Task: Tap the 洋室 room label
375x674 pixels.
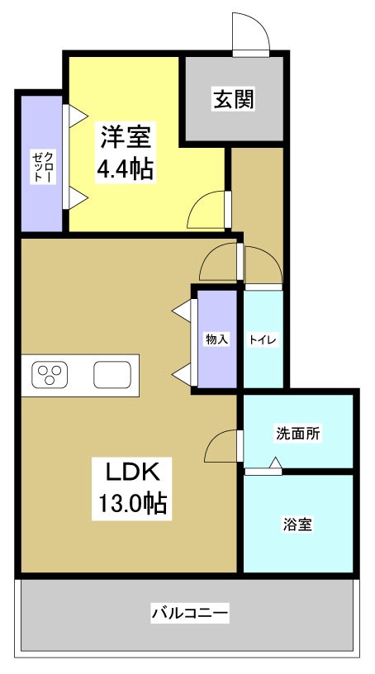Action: (x=125, y=135)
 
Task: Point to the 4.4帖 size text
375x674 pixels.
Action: (x=125, y=170)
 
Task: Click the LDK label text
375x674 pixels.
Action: (x=136, y=471)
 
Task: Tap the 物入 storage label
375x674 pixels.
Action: (x=216, y=339)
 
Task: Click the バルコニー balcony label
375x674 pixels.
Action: (x=189, y=613)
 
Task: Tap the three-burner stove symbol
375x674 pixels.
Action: (x=50, y=375)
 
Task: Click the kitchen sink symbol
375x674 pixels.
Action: (x=112, y=375)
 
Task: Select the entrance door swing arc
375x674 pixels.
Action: (x=250, y=33)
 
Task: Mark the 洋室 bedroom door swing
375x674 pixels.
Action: (x=207, y=210)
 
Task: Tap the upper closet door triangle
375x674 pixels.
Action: (x=75, y=115)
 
